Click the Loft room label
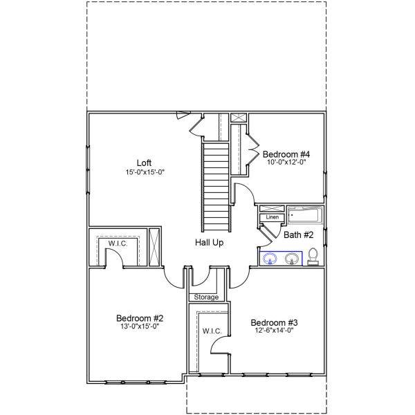tap(144, 163)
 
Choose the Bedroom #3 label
tap(274, 322)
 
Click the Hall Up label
tap(209, 243)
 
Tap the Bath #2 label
tap(299, 235)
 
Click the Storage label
tap(205, 297)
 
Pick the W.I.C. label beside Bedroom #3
tap(212, 331)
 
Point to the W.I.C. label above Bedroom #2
tap(116, 243)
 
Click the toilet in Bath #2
tap(313, 256)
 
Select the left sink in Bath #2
tap(270, 259)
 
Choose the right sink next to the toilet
tap(292, 259)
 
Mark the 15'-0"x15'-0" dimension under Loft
tap(144, 172)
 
